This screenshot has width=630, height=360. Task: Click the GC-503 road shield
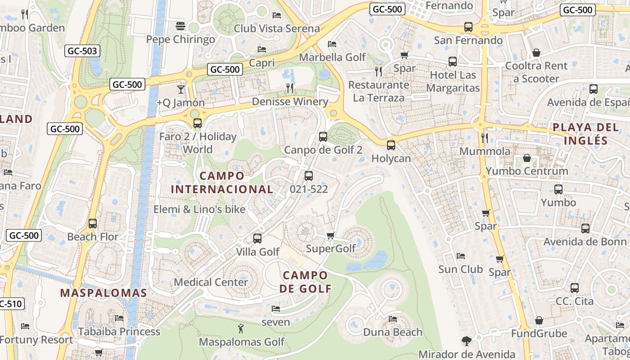tap(82, 51)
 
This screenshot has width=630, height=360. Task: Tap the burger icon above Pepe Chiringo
tap(180, 26)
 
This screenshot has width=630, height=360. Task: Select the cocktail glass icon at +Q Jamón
tap(181, 89)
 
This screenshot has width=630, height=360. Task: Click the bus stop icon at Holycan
tap(391, 145)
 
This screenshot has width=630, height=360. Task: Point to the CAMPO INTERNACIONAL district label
tap(222, 182)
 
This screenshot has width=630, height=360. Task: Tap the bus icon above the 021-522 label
tap(309, 176)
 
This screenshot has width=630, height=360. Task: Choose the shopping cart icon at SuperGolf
tap(331, 235)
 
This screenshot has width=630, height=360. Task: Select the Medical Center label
tap(211, 282)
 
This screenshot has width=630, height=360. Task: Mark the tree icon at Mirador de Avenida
tap(467, 341)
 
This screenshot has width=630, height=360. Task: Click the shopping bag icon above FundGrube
tap(539, 320)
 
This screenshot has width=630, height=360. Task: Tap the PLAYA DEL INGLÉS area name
tap(586, 134)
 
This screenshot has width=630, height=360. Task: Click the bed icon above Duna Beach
tap(393, 319)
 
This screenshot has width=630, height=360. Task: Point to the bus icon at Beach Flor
tap(93, 223)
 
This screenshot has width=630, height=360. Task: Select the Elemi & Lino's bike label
tap(199, 209)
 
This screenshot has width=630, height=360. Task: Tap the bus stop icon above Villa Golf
tap(257, 238)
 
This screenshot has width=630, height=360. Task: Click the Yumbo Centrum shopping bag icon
tap(527, 158)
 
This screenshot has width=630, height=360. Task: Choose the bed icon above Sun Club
tap(460, 256)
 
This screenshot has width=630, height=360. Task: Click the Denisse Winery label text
tap(290, 102)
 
